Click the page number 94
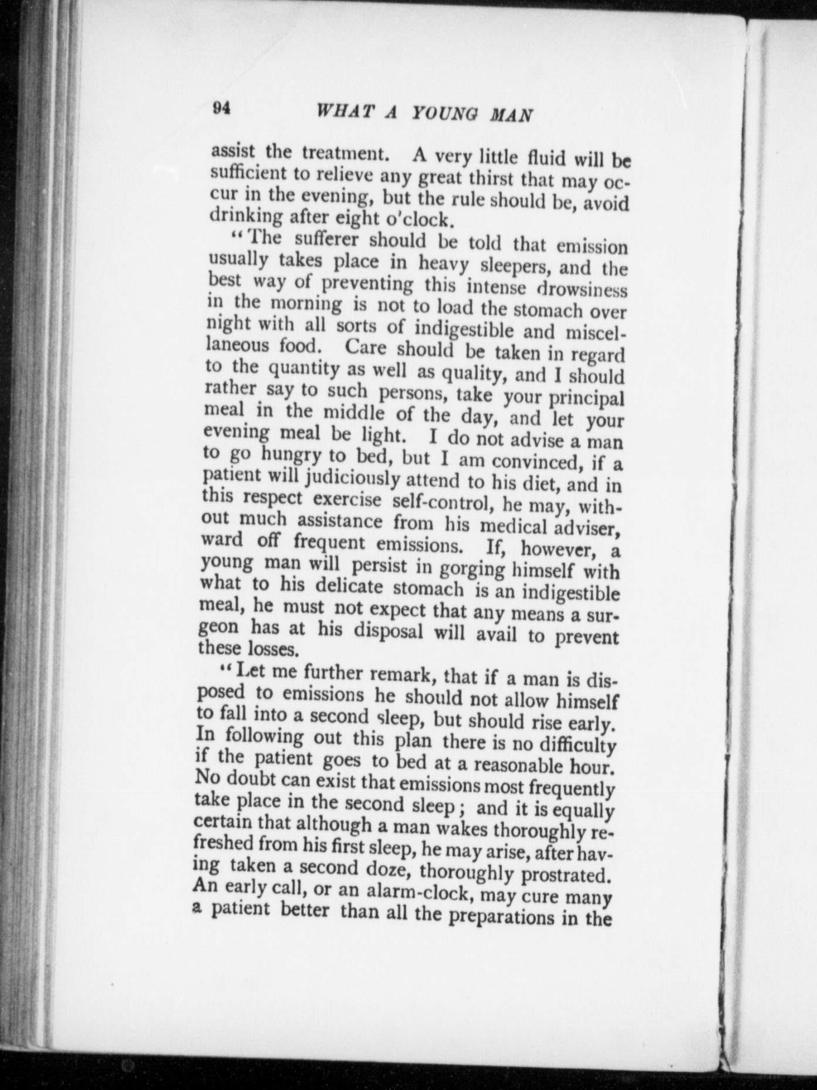tap(221, 109)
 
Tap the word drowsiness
tap(582, 289)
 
